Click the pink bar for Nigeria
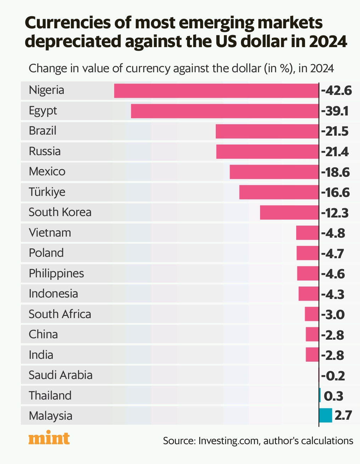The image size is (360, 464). [x=216, y=91]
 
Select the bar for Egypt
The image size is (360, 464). [x=225, y=111]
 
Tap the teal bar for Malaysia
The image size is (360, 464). [x=325, y=415]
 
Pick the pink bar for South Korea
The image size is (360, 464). [x=289, y=213]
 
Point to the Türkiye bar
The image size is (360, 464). [x=279, y=192]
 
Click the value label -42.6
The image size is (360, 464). [x=336, y=91]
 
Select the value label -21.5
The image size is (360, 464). [x=335, y=131]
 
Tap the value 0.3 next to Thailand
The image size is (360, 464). [x=333, y=396]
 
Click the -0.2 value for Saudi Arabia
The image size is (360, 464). [x=333, y=375]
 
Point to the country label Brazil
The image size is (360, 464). [x=43, y=131]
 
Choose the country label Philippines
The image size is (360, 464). [x=56, y=273]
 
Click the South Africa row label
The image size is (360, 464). [x=60, y=314]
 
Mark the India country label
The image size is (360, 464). [x=41, y=355]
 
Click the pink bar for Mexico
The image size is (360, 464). [x=274, y=172]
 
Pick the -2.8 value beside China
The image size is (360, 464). [x=333, y=335]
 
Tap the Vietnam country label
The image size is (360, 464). [x=50, y=233]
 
